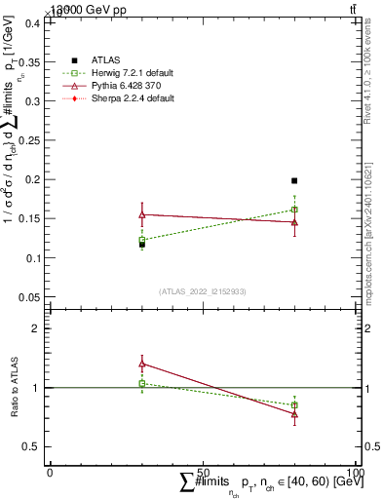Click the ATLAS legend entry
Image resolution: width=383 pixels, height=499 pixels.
click(104, 60)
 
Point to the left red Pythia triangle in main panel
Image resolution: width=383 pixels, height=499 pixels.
click(142, 214)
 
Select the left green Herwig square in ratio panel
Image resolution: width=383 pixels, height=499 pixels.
click(142, 383)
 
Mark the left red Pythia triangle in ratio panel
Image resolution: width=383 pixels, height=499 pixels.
click(142, 364)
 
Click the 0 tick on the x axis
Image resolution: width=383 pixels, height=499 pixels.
click(51, 472)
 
